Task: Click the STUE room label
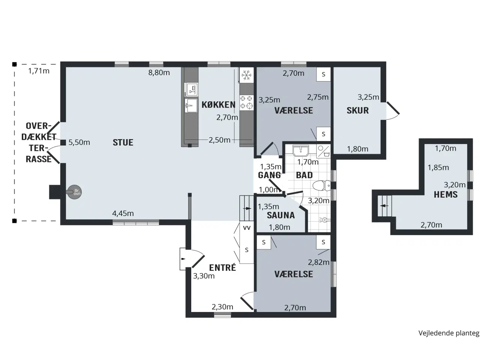[x=123, y=142]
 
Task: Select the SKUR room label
[x=357, y=110]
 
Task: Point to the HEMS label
[x=445, y=194]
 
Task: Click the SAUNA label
[x=280, y=215]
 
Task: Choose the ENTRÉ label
[x=222, y=267]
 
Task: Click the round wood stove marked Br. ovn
[x=74, y=192]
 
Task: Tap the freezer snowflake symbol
[x=246, y=75]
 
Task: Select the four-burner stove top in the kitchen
[x=246, y=102]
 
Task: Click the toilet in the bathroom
[x=322, y=186]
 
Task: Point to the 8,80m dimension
[x=159, y=73]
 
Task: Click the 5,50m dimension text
[x=79, y=142]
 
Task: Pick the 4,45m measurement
[x=123, y=213]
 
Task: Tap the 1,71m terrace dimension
[x=39, y=71]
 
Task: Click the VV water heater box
[x=247, y=228]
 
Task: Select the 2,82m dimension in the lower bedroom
[x=318, y=262]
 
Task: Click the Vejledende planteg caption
[x=449, y=333]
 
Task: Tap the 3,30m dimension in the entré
[x=204, y=276]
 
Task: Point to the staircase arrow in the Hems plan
[x=384, y=205]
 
